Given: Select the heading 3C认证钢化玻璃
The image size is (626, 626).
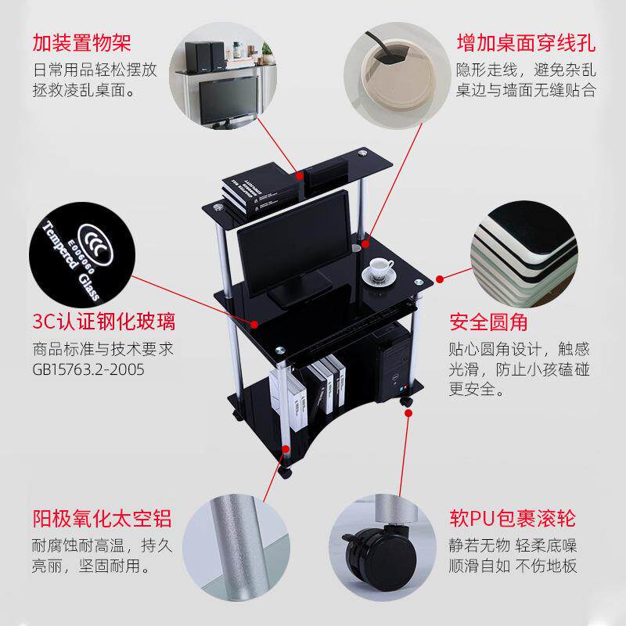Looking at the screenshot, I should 104,322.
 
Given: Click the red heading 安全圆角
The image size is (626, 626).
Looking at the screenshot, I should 488,322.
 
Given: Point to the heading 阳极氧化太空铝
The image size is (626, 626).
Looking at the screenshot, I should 102,518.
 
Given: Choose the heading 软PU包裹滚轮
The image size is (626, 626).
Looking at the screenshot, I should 513,518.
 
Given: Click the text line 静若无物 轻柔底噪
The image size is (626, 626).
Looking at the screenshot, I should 513,544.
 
